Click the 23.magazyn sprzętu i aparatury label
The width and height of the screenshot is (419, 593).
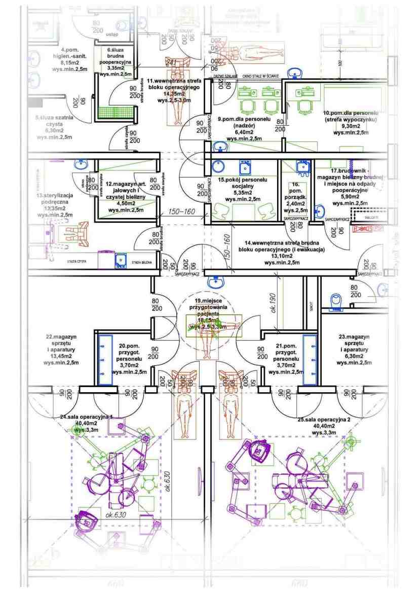point(354,350)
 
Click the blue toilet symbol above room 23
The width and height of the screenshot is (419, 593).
point(335,302)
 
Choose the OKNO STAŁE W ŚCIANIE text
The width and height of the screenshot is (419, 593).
point(260,76)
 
